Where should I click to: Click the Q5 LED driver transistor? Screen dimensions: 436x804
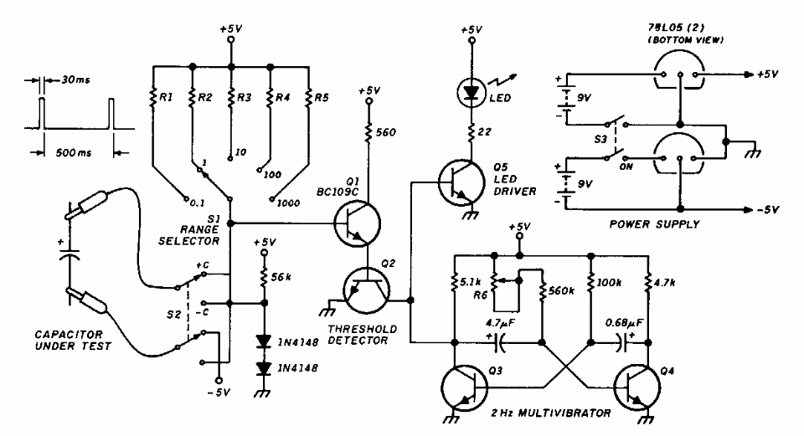458,184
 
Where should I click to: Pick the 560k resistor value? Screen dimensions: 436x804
563,290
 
